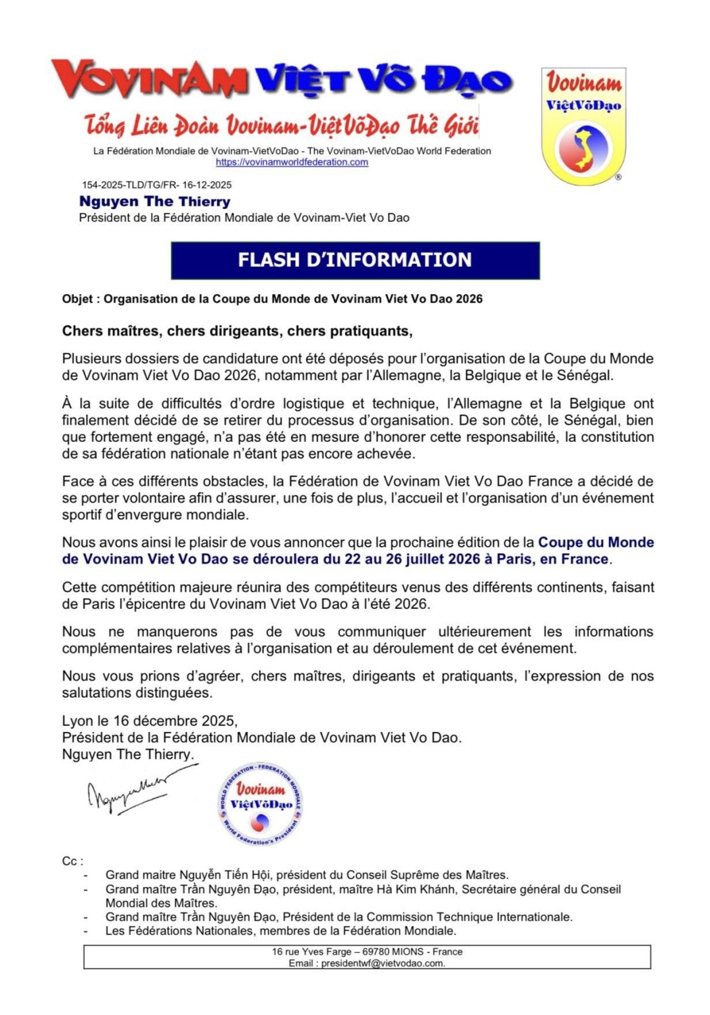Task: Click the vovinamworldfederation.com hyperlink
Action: click(x=292, y=162)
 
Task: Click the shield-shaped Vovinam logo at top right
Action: click(x=583, y=127)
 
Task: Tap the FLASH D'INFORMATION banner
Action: click(x=355, y=261)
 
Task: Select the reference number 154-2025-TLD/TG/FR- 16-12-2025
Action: click(x=156, y=185)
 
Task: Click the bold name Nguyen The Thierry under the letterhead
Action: click(x=154, y=202)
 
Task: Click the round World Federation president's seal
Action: click(x=261, y=805)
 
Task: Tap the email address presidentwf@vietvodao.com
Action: click(x=383, y=964)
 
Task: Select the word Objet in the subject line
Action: click(x=77, y=299)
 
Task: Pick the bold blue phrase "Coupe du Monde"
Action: click(x=596, y=543)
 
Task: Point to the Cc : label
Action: click(x=72, y=861)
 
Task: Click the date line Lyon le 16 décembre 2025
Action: click(x=150, y=721)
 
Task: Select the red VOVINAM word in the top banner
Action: click(x=150, y=80)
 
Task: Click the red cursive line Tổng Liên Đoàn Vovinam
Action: click(x=282, y=125)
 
